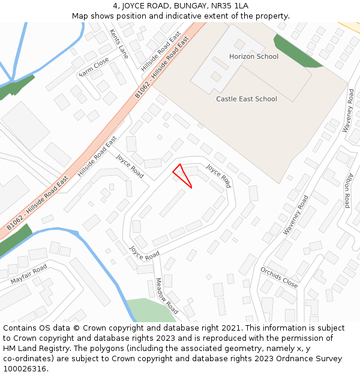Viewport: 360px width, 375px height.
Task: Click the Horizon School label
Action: [x=254, y=56]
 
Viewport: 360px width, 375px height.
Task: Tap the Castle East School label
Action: [x=247, y=99]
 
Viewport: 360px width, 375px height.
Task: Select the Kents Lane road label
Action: [x=119, y=44]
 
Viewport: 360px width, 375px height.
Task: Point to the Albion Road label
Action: [x=347, y=190]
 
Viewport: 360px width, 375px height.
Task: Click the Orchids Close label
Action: [x=278, y=277]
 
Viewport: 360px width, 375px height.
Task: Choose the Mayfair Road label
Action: [x=28, y=274]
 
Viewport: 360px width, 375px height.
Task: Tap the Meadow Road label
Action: [x=167, y=296]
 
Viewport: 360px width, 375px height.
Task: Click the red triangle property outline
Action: [x=182, y=175]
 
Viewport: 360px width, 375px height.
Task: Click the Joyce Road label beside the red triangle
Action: [x=218, y=176]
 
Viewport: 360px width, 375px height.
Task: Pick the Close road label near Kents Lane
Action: [x=94, y=67]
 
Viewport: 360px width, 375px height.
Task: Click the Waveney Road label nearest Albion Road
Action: [x=349, y=111]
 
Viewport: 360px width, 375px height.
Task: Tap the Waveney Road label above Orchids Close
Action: [x=296, y=214]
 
